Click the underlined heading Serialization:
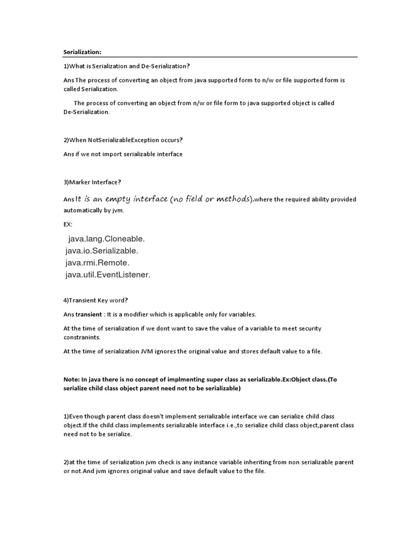coord(83,52)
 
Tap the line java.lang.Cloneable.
coord(107,239)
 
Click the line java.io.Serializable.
coord(102,250)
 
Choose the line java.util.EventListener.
coord(108,275)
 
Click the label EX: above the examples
coord(68,224)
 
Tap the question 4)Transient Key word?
coord(96,300)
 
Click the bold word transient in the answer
coord(89,314)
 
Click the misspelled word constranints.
coord(86,337)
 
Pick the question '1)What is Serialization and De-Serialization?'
coord(127,66)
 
